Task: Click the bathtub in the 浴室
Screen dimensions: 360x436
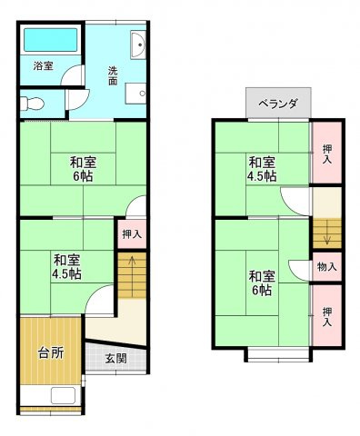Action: point(51,40)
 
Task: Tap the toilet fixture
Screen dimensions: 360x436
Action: point(32,104)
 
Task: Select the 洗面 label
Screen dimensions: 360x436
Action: point(113,76)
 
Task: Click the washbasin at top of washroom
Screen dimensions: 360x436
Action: point(138,45)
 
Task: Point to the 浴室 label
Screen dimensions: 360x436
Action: point(44,66)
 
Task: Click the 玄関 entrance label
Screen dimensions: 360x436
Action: point(115,359)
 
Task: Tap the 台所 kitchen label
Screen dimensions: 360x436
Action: point(51,352)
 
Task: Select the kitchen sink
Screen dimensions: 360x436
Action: point(63,395)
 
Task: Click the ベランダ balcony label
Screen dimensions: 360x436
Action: point(278,104)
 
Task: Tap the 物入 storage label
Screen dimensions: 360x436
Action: point(326,267)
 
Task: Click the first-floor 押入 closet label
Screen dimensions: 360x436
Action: point(132,234)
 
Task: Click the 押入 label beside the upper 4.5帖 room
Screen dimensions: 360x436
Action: point(327,154)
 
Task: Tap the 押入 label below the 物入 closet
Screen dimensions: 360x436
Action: point(327,317)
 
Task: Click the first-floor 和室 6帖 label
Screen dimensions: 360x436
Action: point(83,169)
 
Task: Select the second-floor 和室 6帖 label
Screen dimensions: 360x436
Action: point(262,283)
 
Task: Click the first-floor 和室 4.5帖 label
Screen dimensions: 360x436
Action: point(66,267)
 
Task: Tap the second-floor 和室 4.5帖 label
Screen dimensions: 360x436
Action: point(262,169)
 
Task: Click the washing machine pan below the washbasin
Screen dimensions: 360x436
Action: point(135,94)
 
